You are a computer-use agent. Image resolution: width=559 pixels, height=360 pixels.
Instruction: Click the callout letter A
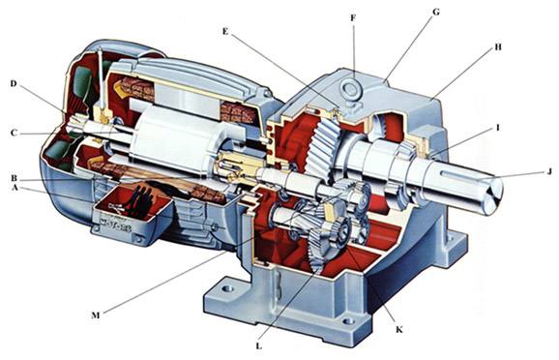pyautogui.click(x=15, y=188)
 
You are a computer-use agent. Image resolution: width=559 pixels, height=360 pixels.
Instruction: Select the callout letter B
pyautogui.click(x=15, y=178)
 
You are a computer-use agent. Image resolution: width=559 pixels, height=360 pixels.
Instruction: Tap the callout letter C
pyautogui.click(x=14, y=133)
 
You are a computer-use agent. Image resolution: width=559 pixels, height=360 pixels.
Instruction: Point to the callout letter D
pyautogui.click(x=14, y=84)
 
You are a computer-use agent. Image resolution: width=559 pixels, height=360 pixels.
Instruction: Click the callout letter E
pyautogui.click(x=225, y=31)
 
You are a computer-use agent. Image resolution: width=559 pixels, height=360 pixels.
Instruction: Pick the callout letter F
pyautogui.click(x=353, y=17)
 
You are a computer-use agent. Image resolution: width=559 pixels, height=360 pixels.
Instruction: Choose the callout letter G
pyautogui.click(x=435, y=13)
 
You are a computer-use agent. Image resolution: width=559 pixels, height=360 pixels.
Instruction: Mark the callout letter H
pyautogui.click(x=498, y=46)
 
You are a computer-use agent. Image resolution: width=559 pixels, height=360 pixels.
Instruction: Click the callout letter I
pyautogui.click(x=498, y=127)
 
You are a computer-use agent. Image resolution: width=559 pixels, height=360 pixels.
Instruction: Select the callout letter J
pyautogui.click(x=549, y=171)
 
